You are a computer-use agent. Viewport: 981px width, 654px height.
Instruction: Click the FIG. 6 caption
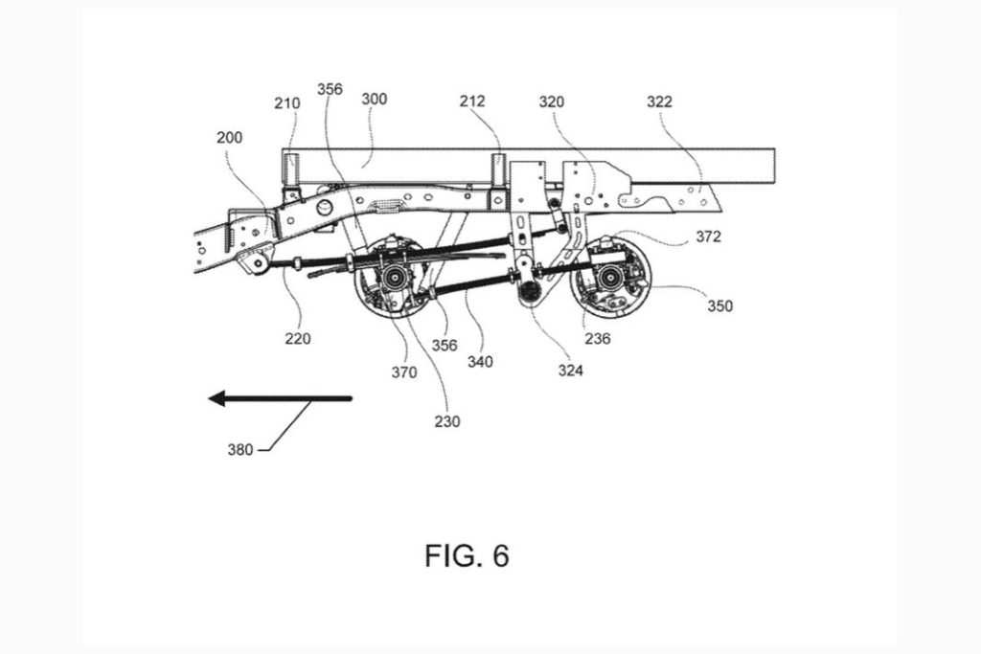point(467,555)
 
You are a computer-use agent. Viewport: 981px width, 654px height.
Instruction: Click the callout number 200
point(229,138)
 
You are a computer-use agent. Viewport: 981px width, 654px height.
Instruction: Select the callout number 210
point(286,103)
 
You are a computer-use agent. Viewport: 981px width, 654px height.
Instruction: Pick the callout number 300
point(374,99)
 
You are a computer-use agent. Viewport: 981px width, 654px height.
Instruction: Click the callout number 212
point(472,101)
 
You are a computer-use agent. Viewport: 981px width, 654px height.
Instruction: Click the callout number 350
point(720,306)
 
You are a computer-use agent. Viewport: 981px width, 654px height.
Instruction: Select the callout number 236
point(599,337)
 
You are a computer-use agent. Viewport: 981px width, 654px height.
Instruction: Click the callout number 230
point(446,419)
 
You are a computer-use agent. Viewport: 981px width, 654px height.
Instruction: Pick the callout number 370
point(404,372)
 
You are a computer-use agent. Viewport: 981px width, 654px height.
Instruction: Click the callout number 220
point(297,337)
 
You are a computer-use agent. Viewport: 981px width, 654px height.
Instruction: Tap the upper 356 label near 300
point(329,89)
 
